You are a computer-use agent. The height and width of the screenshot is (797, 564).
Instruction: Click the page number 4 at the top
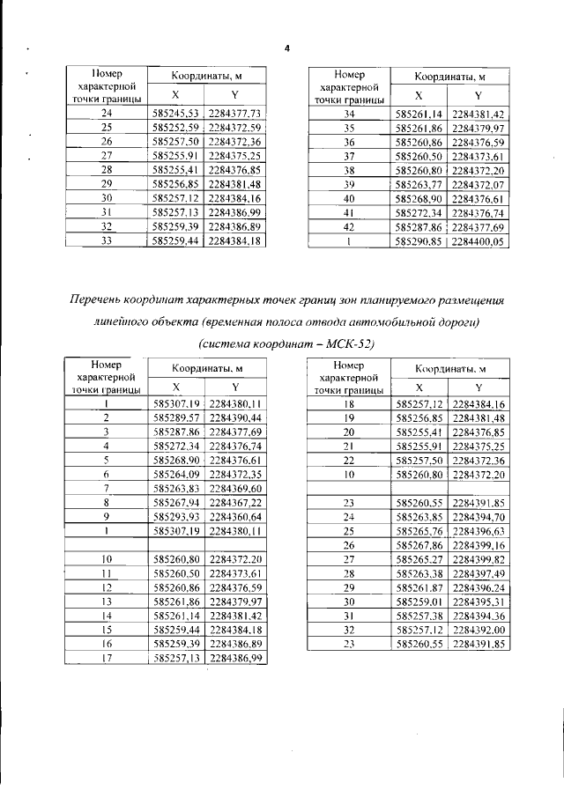(286, 48)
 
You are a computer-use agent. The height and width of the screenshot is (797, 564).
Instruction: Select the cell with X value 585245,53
(177, 114)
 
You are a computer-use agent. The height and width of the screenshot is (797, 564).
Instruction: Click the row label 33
(107, 240)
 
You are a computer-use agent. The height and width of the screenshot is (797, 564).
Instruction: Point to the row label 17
(107, 657)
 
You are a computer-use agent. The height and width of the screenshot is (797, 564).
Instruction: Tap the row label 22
(349, 460)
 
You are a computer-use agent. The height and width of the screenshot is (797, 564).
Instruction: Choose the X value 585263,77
(419, 185)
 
